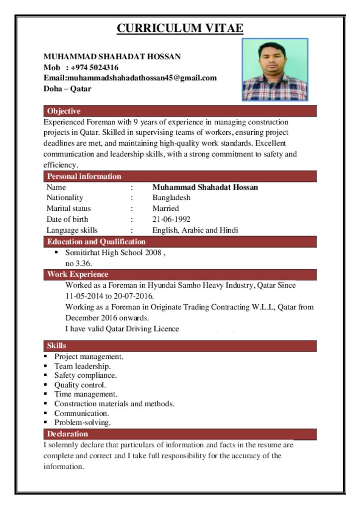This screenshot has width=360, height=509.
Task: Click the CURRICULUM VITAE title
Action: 180,28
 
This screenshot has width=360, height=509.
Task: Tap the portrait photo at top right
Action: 275,70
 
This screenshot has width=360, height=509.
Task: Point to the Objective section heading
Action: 64,111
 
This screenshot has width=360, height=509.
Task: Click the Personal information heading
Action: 84,176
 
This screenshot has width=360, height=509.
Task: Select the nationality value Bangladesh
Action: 171,198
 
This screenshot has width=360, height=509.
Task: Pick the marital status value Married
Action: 165,209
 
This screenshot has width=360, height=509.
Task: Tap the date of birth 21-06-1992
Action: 171,219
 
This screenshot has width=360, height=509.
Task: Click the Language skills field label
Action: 72,230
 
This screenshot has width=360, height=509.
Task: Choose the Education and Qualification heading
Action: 96,242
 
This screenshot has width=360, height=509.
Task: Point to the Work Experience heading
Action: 78,274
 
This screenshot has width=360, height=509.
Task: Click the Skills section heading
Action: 57,345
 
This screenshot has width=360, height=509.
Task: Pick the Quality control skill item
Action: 80,385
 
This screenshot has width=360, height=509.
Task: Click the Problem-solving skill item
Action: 83,423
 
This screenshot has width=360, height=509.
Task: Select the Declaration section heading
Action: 68,434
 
